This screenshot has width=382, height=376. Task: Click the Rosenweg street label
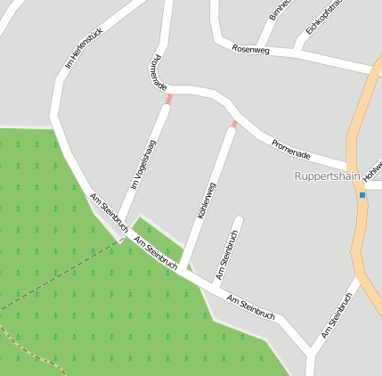click(x=250, y=48)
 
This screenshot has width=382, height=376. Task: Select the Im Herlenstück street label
click(x=85, y=47)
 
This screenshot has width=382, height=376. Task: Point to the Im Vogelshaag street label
click(x=143, y=165)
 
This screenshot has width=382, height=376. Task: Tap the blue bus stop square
click(x=362, y=194)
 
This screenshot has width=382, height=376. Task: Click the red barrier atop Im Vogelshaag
click(x=167, y=101)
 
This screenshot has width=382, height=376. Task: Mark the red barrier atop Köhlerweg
click(x=234, y=124)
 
